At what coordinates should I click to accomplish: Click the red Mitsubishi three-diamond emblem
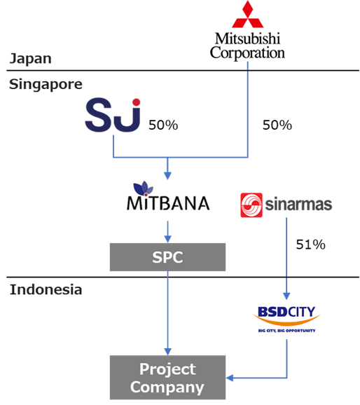pos(247,14)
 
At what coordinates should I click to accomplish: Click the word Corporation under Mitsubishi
pos(247,53)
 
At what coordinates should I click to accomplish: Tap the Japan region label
pos(31,59)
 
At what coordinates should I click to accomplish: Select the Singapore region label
pos(46,85)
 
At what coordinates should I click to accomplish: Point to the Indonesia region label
pos(46,289)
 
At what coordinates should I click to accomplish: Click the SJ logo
pos(113,115)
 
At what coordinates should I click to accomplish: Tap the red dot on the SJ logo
pos(136,102)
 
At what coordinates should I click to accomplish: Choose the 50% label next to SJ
pos(163,125)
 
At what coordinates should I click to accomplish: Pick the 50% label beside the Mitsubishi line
pos(277,125)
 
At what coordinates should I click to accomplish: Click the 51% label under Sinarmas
pos(310,245)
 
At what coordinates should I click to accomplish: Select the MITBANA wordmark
pos(168,203)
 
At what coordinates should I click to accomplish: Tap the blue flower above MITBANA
pos(143,188)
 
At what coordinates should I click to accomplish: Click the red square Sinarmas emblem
pos(251,205)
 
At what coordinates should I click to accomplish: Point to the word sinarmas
pos(298,205)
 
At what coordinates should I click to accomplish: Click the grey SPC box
pos(167,257)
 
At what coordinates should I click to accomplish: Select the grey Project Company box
pos(167,378)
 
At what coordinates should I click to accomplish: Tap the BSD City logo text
pos(286,312)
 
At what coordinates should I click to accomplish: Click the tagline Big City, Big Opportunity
pos(286,331)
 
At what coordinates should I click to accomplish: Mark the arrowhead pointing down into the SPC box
pos(168,239)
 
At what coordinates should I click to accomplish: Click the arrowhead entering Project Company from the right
pos(230,378)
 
